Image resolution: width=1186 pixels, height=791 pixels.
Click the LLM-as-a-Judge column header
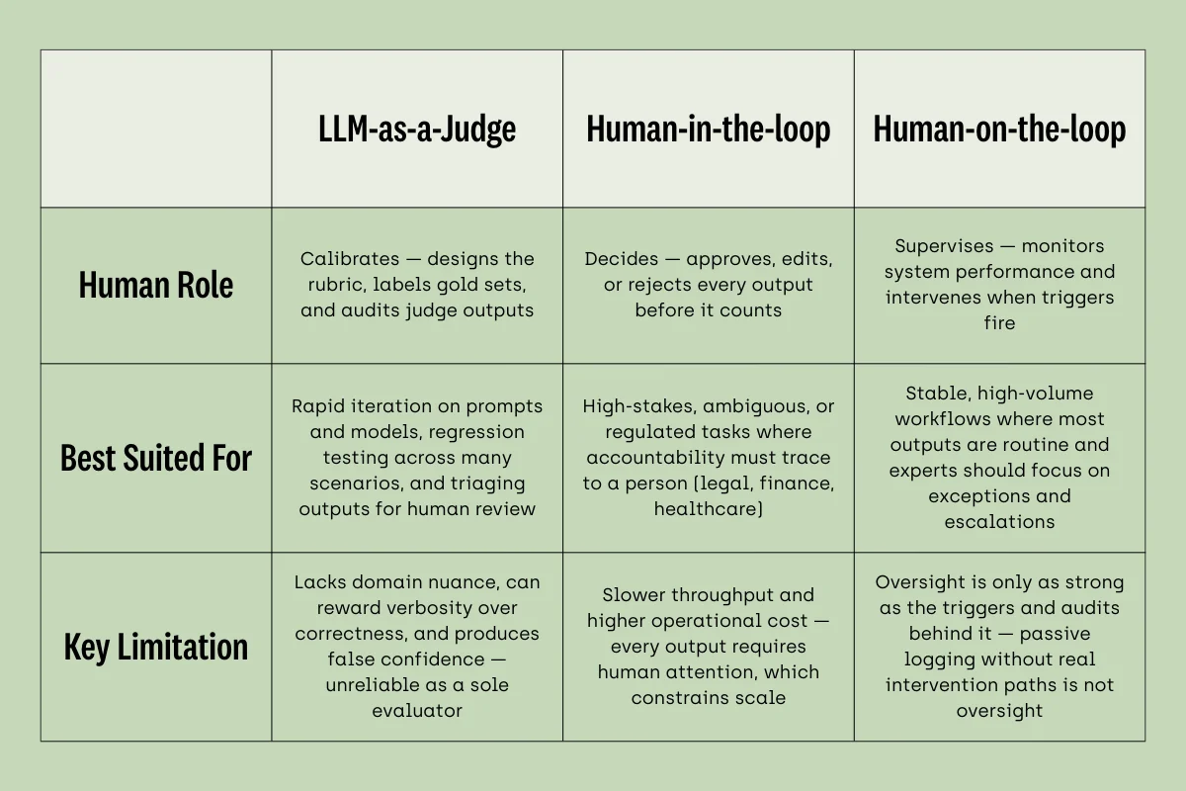pos(417,129)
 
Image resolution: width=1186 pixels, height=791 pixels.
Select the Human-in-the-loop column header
pos(708,129)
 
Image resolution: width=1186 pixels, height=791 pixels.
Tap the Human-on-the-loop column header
pos(999,129)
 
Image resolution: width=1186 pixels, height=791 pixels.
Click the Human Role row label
pos(156,286)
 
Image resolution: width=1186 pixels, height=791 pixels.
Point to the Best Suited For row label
pos(156,458)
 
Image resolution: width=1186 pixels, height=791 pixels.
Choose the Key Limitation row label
pos(156,647)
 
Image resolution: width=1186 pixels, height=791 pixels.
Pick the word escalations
pos(999,521)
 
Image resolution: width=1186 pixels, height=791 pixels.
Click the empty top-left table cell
pos(156,129)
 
